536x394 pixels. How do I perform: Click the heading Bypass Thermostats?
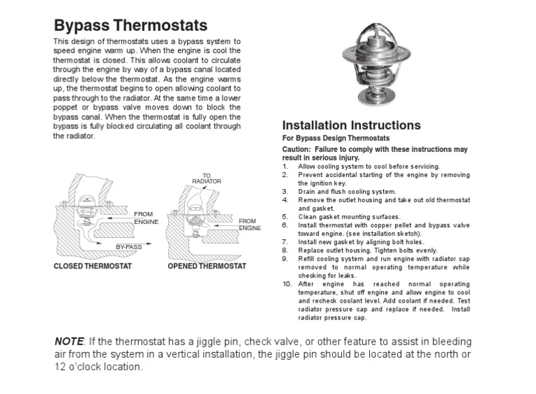tap(131, 26)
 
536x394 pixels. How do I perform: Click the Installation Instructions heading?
tap(351, 126)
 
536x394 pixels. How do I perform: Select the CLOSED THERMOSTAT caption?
tap(93, 266)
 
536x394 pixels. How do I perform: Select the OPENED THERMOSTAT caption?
tap(207, 266)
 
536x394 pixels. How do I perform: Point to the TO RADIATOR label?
tap(207, 178)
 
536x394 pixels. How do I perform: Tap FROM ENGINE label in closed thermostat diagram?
tap(147, 217)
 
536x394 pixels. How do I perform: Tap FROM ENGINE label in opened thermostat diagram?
tap(249, 224)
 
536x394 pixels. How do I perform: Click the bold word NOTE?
tap(68, 341)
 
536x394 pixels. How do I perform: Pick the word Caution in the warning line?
tap(297, 149)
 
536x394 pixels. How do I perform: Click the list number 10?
tap(287, 285)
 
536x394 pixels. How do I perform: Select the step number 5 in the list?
tap(285, 217)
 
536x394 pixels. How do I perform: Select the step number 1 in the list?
tap(285, 167)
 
